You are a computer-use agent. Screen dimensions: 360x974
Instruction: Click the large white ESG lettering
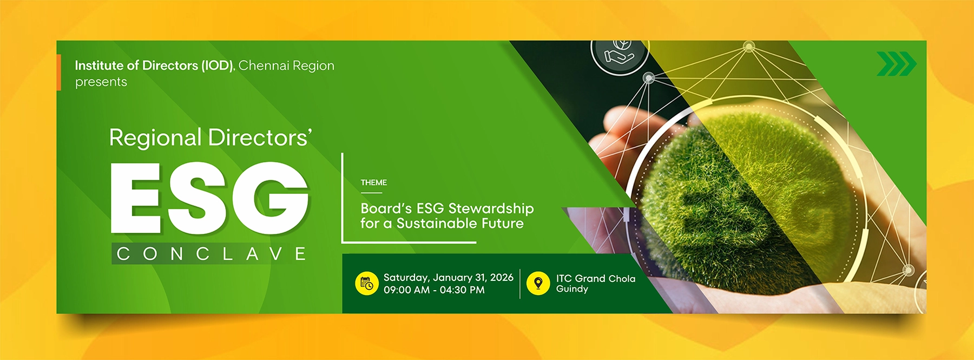click(x=209, y=198)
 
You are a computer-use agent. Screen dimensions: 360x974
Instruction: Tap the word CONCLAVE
click(x=211, y=254)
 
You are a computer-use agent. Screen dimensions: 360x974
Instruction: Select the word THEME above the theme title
click(x=374, y=183)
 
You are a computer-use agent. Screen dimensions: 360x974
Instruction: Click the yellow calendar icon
click(x=366, y=283)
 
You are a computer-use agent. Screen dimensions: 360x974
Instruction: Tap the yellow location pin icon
click(x=538, y=283)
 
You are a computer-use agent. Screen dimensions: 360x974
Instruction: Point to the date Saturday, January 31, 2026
click(x=448, y=278)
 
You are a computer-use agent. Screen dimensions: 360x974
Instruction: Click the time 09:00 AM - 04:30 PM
click(x=434, y=290)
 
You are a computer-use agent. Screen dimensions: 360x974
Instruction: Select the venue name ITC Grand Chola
click(x=595, y=278)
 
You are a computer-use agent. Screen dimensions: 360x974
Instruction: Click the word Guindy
click(x=572, y=289)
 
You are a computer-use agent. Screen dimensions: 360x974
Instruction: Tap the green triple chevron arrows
click(x=896, y=64)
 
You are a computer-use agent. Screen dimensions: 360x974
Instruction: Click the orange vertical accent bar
click(x=58, y=72)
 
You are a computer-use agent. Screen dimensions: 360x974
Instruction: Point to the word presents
click(x=101, y=82)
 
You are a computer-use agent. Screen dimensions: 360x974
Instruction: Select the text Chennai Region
click(x=286, y=66)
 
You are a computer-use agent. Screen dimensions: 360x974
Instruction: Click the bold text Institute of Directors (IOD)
click(x=154, y=66)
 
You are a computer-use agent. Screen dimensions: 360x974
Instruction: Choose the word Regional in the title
click(x=155, y=138)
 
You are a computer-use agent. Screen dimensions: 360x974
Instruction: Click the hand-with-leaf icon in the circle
click(x=619, y=53)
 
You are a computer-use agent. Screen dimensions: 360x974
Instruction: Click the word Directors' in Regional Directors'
click(x=260, y=138)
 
